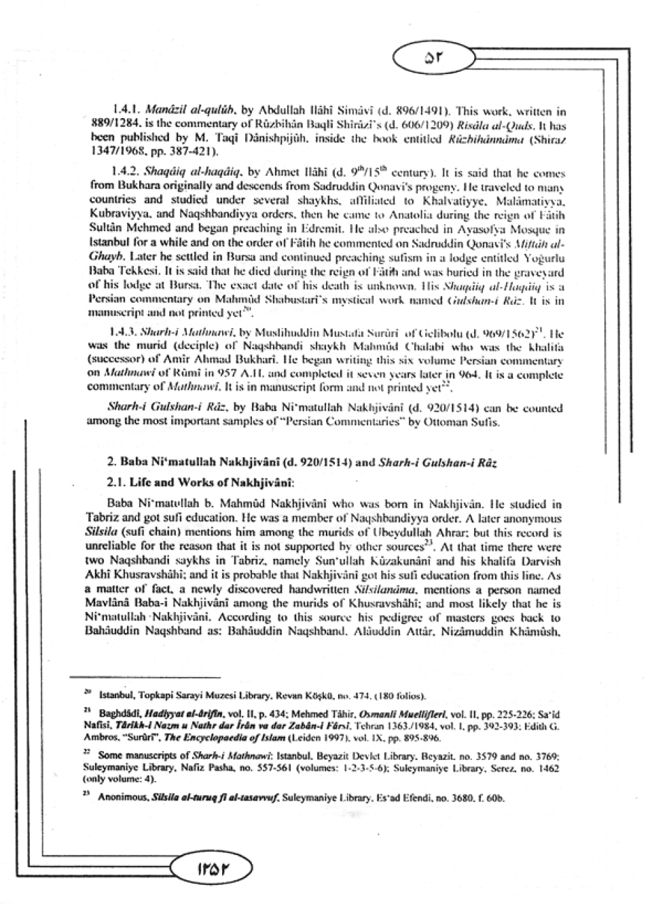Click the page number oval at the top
(432, 58)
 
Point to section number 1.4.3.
(124, 333)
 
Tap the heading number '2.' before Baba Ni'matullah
(113, 463)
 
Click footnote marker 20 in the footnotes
(88, 693)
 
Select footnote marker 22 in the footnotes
(88, 753)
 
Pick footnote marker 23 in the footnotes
(88, 793)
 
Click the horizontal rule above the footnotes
(145, 676)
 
